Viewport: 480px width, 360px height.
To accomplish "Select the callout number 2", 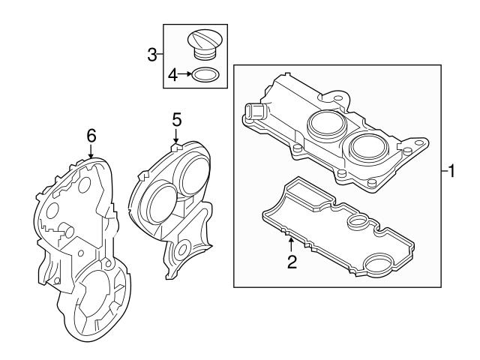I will [292, 262].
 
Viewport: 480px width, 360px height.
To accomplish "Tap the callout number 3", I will [152, 54].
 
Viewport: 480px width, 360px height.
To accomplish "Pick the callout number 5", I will [176, 118].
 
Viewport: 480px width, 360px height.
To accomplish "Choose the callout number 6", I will [91, 136].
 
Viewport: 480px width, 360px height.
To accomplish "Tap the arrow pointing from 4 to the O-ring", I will [185, 74].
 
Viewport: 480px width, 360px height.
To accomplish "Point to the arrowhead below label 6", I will [91, 156].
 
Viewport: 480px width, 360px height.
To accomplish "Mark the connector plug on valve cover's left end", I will [253, 112].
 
